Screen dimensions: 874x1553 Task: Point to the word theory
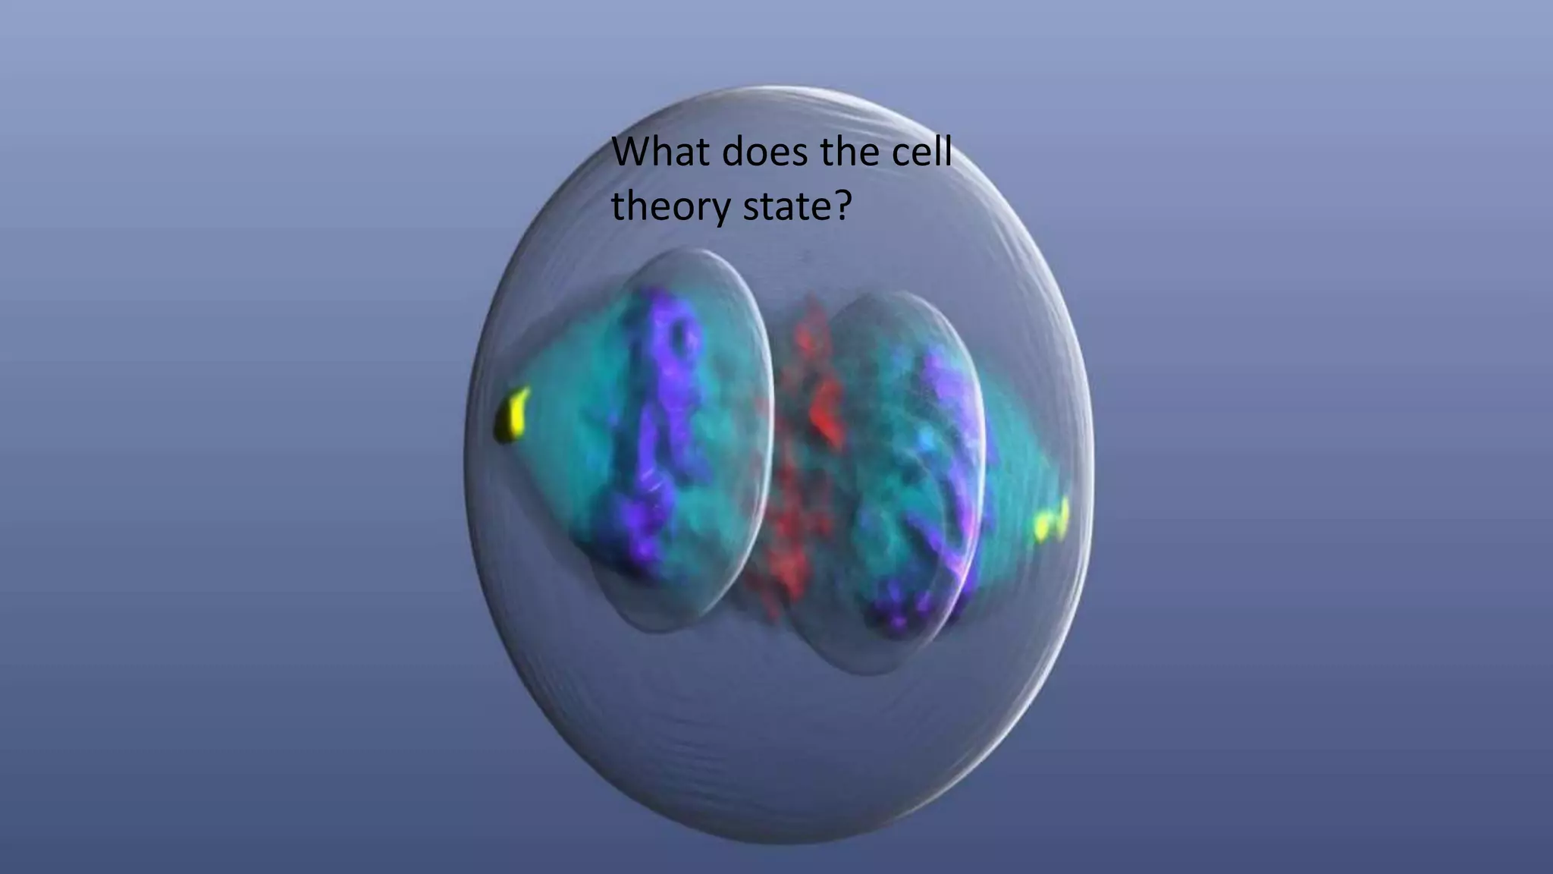click(x=670, y=206)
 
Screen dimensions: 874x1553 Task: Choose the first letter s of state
click(x=751, y=209)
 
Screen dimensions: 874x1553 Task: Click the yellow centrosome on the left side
click(x=512, y=415)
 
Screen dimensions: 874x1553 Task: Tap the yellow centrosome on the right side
click(x=1053, y=520)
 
